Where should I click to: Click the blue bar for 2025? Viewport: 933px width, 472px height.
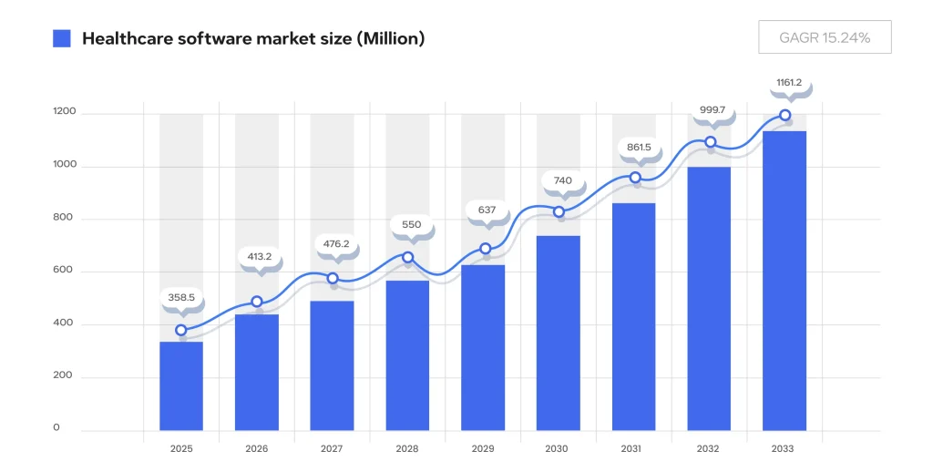181,385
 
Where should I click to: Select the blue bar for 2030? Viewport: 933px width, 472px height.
558,333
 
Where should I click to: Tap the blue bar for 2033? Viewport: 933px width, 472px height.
784,281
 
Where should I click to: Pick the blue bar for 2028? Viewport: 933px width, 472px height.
407,355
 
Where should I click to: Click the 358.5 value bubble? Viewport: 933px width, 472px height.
181,297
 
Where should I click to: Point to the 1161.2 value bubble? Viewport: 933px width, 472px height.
789,83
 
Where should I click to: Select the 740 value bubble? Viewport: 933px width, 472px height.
562,180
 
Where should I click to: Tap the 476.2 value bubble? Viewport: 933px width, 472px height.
336,244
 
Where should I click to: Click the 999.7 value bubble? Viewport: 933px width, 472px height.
713,110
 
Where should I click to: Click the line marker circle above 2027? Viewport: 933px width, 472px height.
333,278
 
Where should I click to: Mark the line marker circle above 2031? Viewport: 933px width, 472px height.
635,177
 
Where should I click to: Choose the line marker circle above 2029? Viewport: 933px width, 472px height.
485,249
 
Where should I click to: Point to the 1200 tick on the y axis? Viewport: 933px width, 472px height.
65,113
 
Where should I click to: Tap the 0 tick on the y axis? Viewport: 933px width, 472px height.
56,427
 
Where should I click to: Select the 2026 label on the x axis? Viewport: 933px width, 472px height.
257,449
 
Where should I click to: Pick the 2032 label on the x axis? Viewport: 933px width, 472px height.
708,449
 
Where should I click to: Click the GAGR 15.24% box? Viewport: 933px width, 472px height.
825,37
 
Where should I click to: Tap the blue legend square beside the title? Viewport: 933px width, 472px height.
62,38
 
